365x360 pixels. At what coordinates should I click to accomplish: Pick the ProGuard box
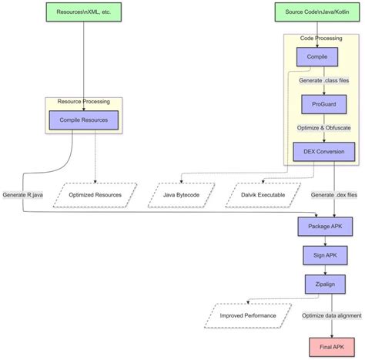[323, 104]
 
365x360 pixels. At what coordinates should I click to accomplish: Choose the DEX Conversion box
[323, 151]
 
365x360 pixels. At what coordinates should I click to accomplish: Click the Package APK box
[324, 225]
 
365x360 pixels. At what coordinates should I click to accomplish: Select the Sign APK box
[324, 255]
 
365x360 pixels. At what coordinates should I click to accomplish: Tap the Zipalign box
[324, 284]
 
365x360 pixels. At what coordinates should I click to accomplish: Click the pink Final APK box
[332, 346]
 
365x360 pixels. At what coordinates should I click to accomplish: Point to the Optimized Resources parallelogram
[95, 195]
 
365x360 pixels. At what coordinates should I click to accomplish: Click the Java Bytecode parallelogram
[182, 195]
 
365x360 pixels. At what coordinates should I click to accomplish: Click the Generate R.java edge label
[24, 195]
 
